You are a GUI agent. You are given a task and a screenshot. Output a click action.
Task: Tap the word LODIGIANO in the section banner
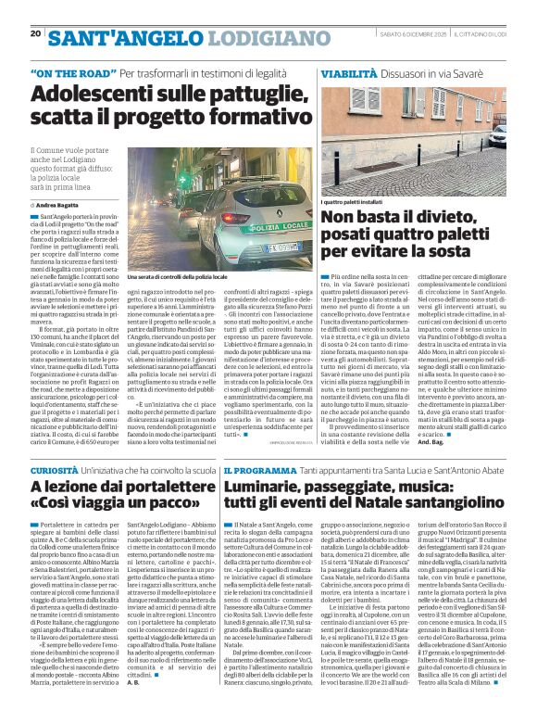pos(261,37)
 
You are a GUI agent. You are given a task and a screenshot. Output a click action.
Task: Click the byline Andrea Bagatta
pos(56,203)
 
